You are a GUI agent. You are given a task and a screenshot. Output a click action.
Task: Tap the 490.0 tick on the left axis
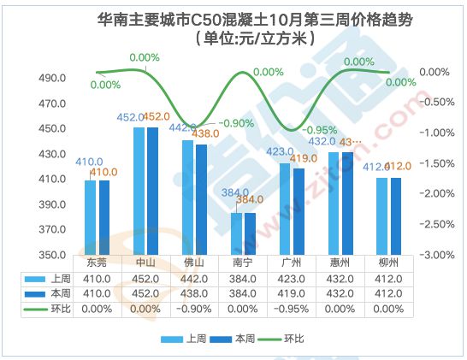tap(54, 78)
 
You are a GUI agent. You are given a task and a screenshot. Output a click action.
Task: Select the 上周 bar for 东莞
tap(90, 217)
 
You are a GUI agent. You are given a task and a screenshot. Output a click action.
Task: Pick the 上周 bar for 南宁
tap(237, 233)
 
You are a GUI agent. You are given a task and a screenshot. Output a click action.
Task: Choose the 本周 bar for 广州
tap(299, 211)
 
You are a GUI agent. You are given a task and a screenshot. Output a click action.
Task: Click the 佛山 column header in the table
tap(194, 263)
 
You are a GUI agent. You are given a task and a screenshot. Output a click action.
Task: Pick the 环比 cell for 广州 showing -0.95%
tap(293, 308)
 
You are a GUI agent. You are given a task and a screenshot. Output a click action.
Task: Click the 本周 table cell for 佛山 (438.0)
tap(194, 293)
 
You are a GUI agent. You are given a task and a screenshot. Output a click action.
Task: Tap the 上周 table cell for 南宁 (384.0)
tap(243, 278)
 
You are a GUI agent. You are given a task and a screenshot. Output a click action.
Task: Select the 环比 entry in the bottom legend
tap(293, 339)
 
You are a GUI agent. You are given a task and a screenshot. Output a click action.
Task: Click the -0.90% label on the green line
tap(236, 123)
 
